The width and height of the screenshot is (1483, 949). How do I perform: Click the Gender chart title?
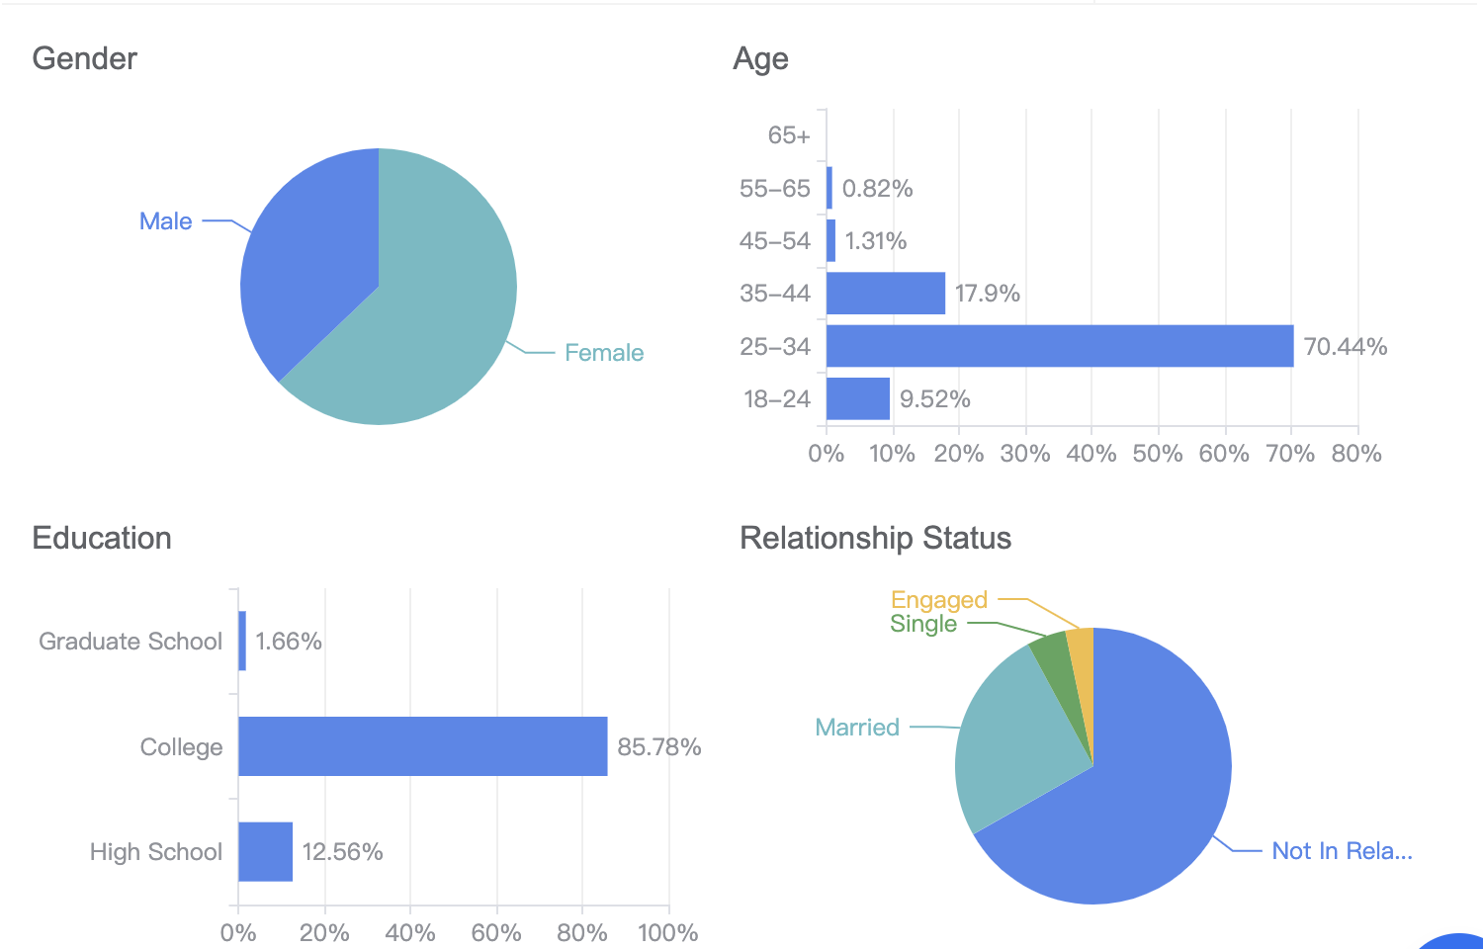(x=84, y=59)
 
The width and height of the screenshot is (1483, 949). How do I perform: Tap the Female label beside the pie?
(x=603, y=353)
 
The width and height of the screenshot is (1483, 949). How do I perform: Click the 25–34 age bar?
(x=1058, y=346)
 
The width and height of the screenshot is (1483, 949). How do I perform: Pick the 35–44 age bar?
(x=885, y=294)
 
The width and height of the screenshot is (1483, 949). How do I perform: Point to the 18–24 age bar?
(x=857, y=398)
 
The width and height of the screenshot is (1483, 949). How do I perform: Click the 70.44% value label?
(x=1345, y=347)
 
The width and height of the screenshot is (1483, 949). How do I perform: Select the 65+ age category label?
(x=788, y=135)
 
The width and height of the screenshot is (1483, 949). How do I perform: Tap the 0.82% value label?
(x=877, y=189)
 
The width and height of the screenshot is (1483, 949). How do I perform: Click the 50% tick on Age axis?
(x=1157, y=454)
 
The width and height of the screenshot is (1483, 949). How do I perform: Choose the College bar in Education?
(x=422, y=746)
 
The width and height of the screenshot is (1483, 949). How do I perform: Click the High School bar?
(x=265, y=851)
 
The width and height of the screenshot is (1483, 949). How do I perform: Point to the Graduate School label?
(x=131, y=642)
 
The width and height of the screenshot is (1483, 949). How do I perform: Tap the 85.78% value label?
(x=658, y=747)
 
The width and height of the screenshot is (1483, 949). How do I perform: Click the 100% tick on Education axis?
(x=667, y=932)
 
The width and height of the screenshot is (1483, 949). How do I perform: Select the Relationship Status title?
(x=875, y=539)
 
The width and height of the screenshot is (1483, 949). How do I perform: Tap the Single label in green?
(x=922, y=624)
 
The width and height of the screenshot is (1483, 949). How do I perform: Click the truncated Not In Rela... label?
(x=1341, y=851)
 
